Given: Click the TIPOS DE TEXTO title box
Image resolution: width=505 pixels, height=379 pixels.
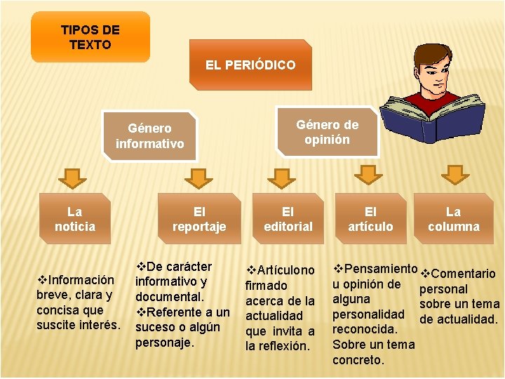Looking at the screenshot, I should click(90, 36).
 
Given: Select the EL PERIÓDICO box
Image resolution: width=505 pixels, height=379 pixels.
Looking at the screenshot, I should click(250, 65).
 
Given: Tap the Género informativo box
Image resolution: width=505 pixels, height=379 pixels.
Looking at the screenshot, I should click(149, 135).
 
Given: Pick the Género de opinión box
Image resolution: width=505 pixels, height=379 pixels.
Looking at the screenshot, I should click(327, 131).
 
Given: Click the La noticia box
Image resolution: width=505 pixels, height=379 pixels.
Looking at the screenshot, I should click(74, 218).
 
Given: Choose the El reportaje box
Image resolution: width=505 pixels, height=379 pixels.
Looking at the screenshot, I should click(199, 218).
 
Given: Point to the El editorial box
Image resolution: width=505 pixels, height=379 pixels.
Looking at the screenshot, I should click(288, 218).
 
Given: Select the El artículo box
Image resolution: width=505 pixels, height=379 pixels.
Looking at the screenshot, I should click(370, 218).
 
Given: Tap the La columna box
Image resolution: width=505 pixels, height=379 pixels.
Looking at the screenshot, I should click(454, 218).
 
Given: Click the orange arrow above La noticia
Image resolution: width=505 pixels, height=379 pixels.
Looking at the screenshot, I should click(72, 178).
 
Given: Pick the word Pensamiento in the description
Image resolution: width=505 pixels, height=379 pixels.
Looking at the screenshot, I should click(382, 269).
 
